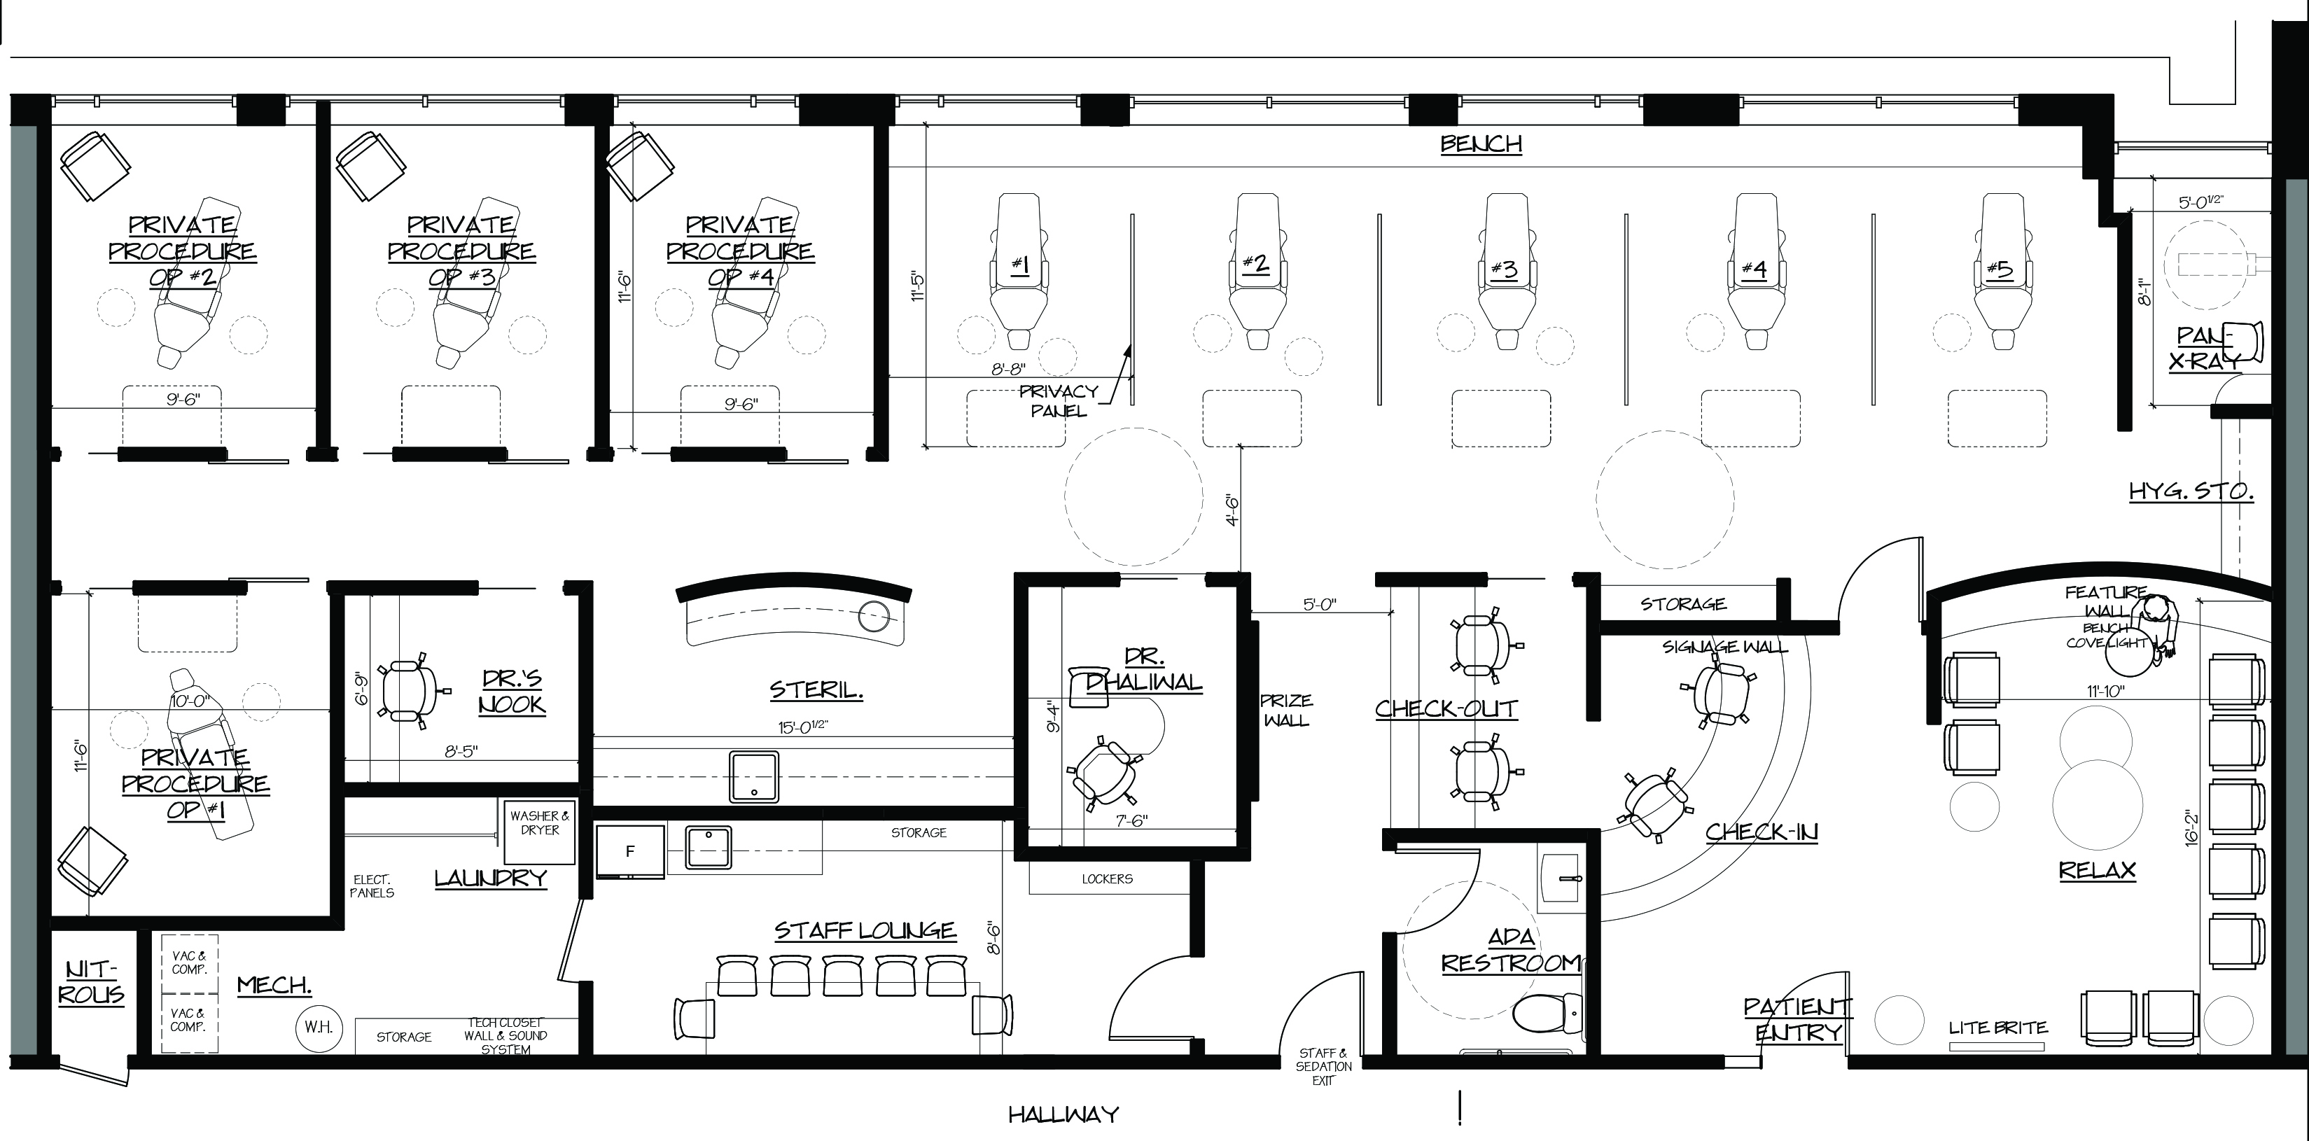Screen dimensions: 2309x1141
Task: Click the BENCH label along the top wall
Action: (x=1481, y=144)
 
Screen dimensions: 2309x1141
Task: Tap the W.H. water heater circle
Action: (x=318, y=1027)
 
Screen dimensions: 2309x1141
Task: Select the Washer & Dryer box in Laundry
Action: (x=540, y=832)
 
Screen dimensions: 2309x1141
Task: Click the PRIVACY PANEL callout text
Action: (x=1059, y=400)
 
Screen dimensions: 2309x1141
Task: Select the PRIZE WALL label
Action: (x=1286, y=710)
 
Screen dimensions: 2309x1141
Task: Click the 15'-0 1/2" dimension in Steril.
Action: (x=802, y=726)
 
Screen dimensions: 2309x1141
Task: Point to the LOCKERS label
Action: (x=1107, y=879)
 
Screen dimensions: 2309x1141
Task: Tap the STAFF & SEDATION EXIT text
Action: (x=1324, y=1067)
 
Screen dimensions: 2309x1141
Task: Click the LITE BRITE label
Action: (x=1998, y=1028)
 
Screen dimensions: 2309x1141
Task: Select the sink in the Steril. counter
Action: (x=754, y=776)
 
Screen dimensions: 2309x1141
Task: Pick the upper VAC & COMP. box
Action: (x=189, y=963)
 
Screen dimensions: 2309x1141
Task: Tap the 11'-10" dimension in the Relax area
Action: (x=2105, y=691)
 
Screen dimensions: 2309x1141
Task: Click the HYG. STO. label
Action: (x=2191, y=491)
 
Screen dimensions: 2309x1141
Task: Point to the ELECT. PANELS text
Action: (x=372, y=886)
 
